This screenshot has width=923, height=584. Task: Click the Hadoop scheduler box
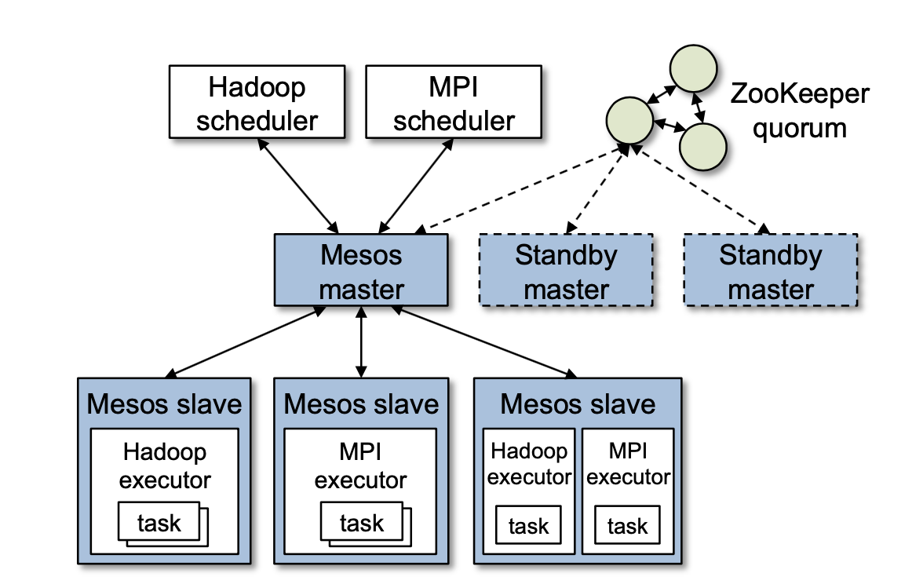point(257,101)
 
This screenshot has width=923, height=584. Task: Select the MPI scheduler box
point(454,101)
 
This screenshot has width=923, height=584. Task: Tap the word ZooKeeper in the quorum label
point(800,94)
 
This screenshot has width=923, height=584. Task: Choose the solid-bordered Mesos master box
point(361,270)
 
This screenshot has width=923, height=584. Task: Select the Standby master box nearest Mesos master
point(566,270)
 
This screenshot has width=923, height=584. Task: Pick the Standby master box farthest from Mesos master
point(771,270)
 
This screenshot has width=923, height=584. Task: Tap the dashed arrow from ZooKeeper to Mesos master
point(522,188)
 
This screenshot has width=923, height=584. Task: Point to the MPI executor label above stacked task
point(361,465)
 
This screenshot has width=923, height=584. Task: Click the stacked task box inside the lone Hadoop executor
point(160,523)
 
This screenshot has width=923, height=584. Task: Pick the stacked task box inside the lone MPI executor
point(362,523)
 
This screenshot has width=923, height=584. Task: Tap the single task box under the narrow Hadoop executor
point(528,526)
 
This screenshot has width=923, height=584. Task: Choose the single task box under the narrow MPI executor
point(627,526)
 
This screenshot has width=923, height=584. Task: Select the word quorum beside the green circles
point(800,127)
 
